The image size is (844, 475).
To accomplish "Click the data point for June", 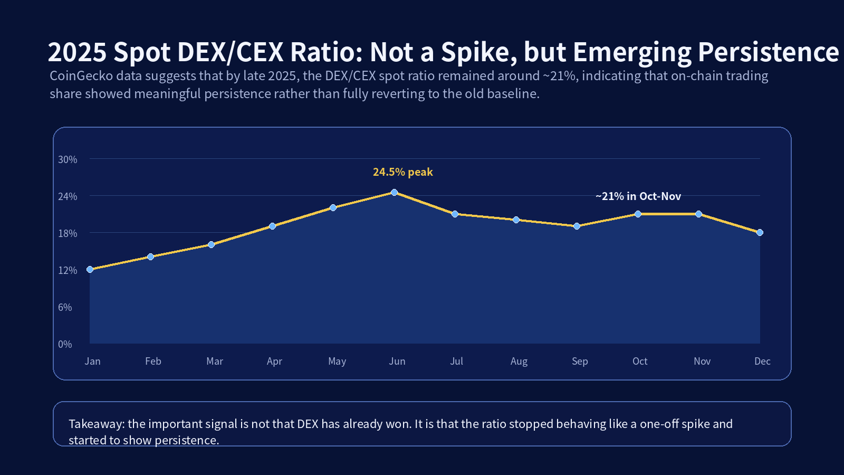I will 394,193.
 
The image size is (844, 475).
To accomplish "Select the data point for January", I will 90,269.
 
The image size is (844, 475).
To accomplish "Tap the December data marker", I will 760,232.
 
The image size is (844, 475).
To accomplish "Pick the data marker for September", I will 577,226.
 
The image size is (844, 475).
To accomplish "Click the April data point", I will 272,226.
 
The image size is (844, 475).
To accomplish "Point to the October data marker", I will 638,214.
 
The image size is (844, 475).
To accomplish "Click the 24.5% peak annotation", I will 402,172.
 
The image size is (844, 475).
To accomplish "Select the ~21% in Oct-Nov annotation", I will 638,196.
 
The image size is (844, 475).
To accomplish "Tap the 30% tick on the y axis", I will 68,159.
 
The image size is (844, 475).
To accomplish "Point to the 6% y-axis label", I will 65,307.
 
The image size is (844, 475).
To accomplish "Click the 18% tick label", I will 68,233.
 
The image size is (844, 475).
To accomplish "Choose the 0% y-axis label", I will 65,344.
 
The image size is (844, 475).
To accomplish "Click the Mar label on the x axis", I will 215,361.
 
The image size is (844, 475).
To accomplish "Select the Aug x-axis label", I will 519,361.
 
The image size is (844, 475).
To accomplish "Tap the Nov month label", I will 702,361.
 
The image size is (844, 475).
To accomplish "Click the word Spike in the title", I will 478,53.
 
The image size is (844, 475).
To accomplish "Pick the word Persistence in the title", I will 768,53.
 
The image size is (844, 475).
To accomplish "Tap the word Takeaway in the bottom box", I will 96,424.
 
